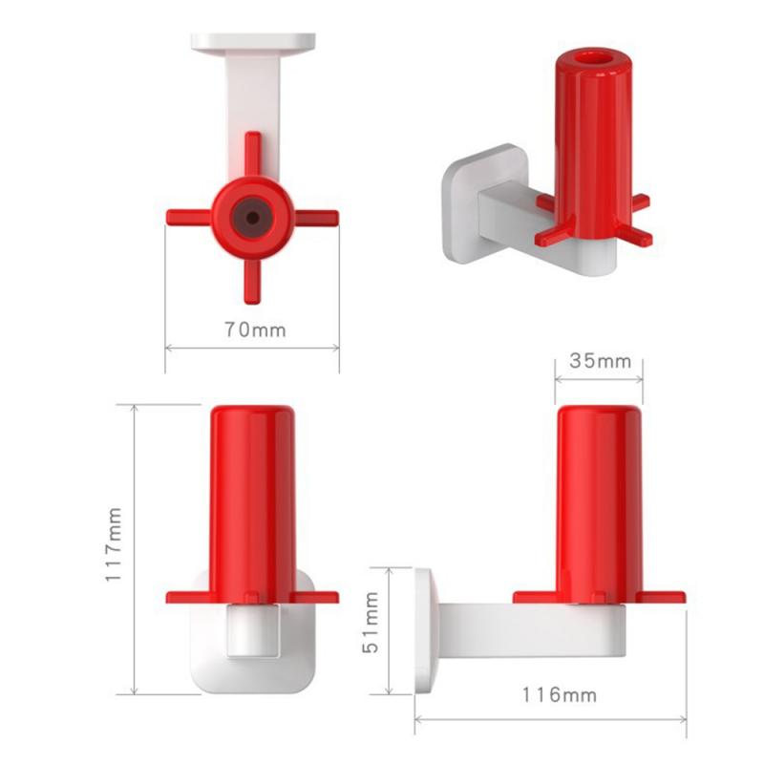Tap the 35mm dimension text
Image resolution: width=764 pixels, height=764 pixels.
pyautogui.click(x=600, y=361)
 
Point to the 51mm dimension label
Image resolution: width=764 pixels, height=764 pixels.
pyautogui.click(x=371, y=631)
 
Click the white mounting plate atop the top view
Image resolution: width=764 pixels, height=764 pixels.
pyautogui.click(x=253, y=42)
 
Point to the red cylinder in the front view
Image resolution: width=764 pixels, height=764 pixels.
pyautogui.click(x=252, y=497)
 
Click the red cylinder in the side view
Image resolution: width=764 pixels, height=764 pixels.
pyautogui.click(x=599, y=497)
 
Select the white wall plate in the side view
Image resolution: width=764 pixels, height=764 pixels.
pyautogui.click(x=426, y=631)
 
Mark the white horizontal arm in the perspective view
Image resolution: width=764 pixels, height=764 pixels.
pyautogui.click(x=501, y=215)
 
